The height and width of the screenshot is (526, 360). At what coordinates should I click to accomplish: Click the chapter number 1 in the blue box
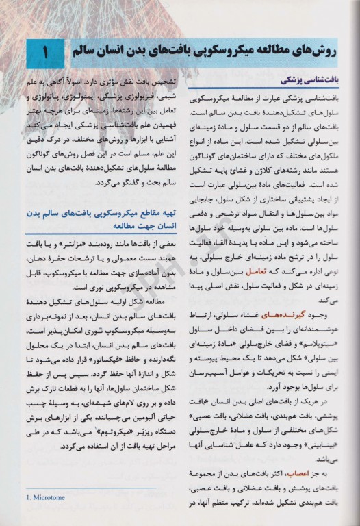coord(44,52)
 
